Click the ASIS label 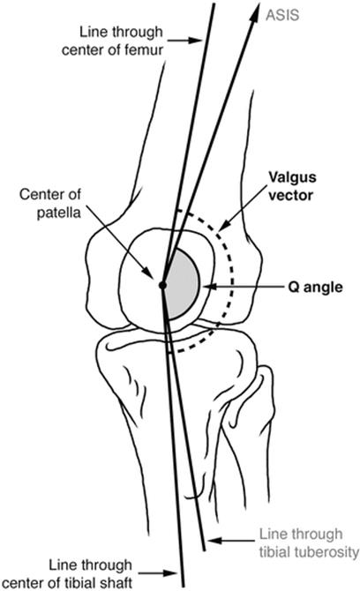point(282,15)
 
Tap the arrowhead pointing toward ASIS point(256,10)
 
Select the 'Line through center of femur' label point(112,41)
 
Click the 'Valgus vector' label point(292,186)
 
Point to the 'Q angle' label point(315,288)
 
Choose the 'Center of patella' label point(49,204)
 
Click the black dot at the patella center point(162,285)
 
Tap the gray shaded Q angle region point(183,284)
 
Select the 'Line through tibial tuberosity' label point(309,543)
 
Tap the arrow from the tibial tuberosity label point(231,541)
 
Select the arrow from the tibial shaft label point(158,572)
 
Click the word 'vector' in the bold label point(290,195)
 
